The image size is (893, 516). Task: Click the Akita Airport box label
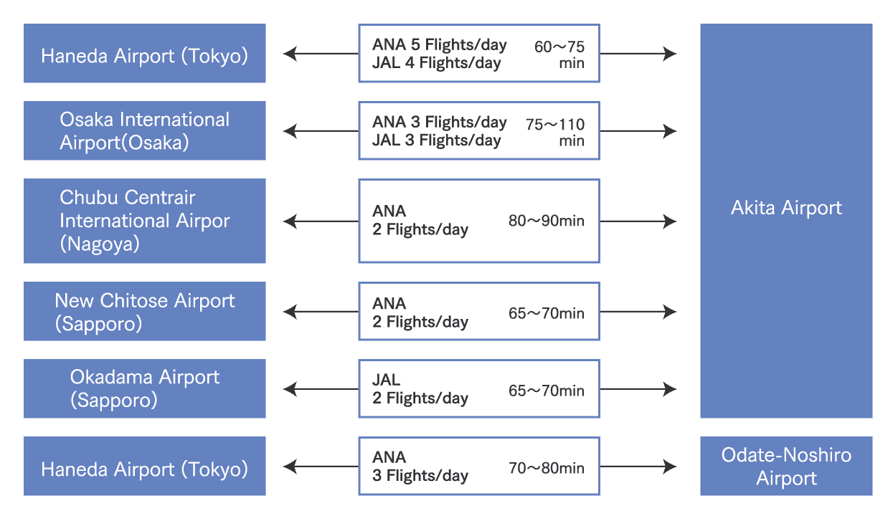pyautogui.click(x=786, y=209)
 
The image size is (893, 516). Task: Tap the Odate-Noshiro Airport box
pyautogui.click(x=786, y=467)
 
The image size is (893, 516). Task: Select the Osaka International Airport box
pyautogui.click(x=144, y=130)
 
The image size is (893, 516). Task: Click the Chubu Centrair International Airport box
pyautogui.click(x=144, y=221)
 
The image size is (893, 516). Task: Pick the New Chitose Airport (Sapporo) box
pyautogui.click(x=144, y=311)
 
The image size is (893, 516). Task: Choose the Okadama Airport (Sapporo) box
pyautogui.click(x=144, y=388)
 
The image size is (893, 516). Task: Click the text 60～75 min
pyautogui.click(x=559, y=54)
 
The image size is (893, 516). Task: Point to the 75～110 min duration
pyautogui.click(x=555, y=132)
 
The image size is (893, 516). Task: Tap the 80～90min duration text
pyautogui.click(x=547, y=221)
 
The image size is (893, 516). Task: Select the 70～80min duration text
pyautogui.click(x=547, y=469)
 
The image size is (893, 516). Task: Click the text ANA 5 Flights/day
pyautogui.click(x=439, y=44)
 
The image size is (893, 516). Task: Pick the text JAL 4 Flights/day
pyautogui.click(x=436, y=63)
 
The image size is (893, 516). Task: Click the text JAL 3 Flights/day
pyautogui.click(x=436, y=140)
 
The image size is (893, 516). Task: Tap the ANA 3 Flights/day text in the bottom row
pyautogui.click(x=420, y=467)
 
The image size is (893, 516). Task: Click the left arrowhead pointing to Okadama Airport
pyautogui.click(x=289, y=389)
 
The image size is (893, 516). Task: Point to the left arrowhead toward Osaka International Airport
pyautogui.click(x=289, y=131)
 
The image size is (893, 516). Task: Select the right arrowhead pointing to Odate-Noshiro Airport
pyautogui.click(x=671, y=467)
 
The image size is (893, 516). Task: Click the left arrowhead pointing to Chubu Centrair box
pyautogui.click(x=289, y=221)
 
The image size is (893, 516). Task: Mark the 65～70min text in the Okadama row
pyautogui.click(x=547, y=391)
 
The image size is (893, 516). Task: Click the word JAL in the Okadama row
pyautogui.click(x=387, y=380)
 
